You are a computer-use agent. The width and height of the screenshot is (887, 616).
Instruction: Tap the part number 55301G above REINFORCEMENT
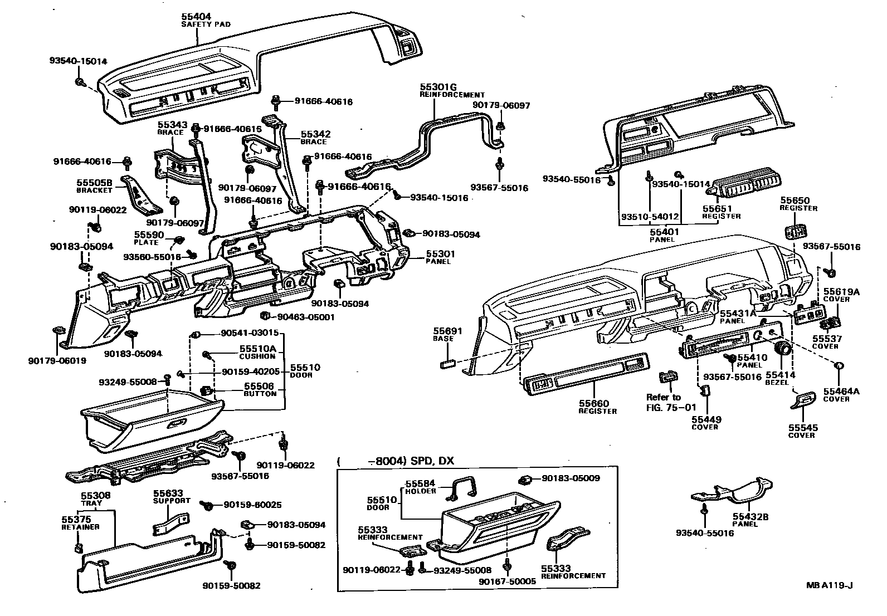438,87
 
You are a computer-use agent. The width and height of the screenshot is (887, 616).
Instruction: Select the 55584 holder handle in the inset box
464,487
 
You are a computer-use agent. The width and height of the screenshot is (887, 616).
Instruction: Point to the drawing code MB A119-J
829,585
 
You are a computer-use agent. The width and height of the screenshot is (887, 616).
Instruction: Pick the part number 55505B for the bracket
94,183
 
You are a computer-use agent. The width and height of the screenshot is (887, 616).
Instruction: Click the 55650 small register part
795,231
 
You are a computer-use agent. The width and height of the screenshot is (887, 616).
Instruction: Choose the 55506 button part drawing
204,390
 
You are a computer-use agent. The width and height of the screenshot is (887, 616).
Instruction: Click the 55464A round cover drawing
839,366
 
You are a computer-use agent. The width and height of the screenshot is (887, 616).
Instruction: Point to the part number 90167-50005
507,581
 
